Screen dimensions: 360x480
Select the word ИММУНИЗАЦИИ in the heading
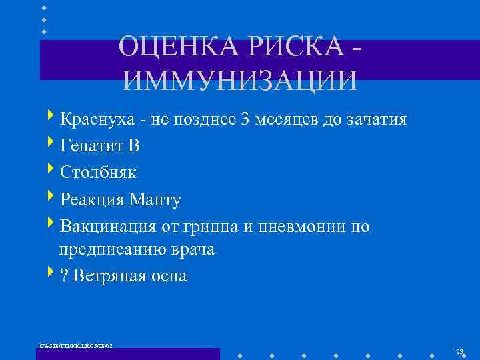[x=240, y=79]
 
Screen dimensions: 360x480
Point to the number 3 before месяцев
[x=246, y=120]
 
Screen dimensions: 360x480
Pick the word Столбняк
[x=98, y=172]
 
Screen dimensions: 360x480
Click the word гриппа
[x=212, y=227]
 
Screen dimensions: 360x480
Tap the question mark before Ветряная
[x=64, y=276]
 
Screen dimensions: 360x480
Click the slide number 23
[x=459, y=351]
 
